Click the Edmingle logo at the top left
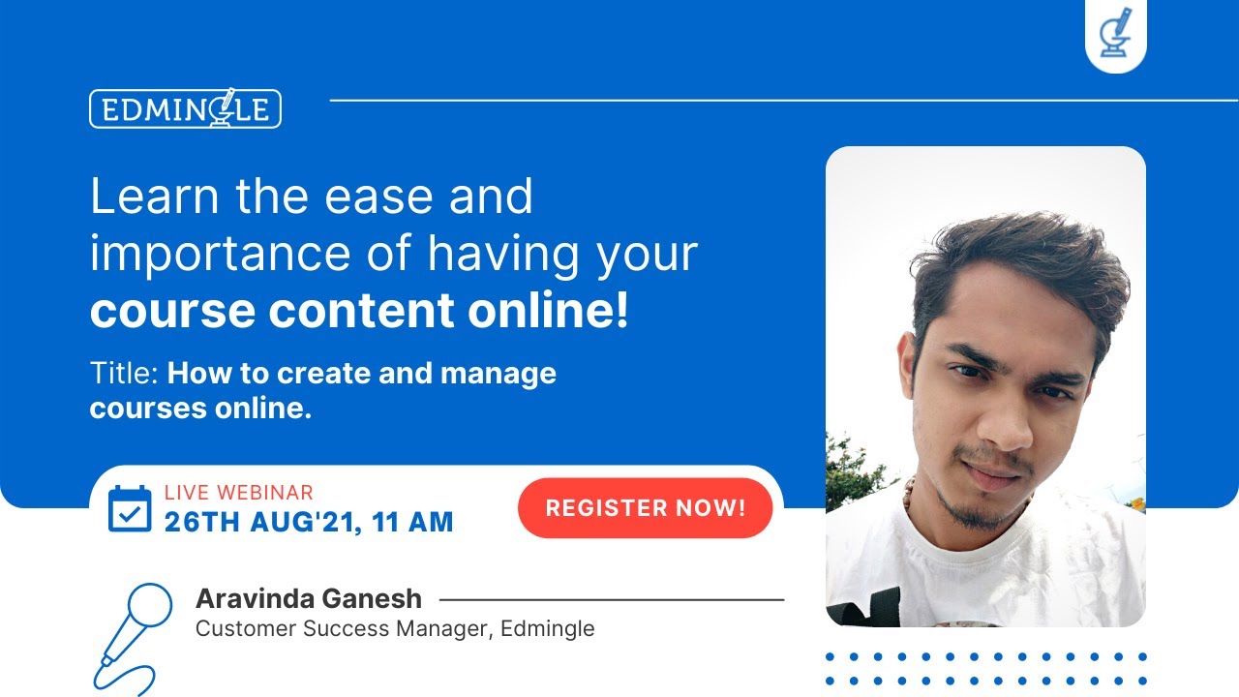(185, 108)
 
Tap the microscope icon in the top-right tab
(1115, 33)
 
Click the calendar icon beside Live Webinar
(130, 509)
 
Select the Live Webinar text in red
(238, 493)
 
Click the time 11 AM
(413, 523)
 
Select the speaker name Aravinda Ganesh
(308, 598)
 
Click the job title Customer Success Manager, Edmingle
(395, 628)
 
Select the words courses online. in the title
(200, 408)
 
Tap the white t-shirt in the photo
(997, 571)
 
